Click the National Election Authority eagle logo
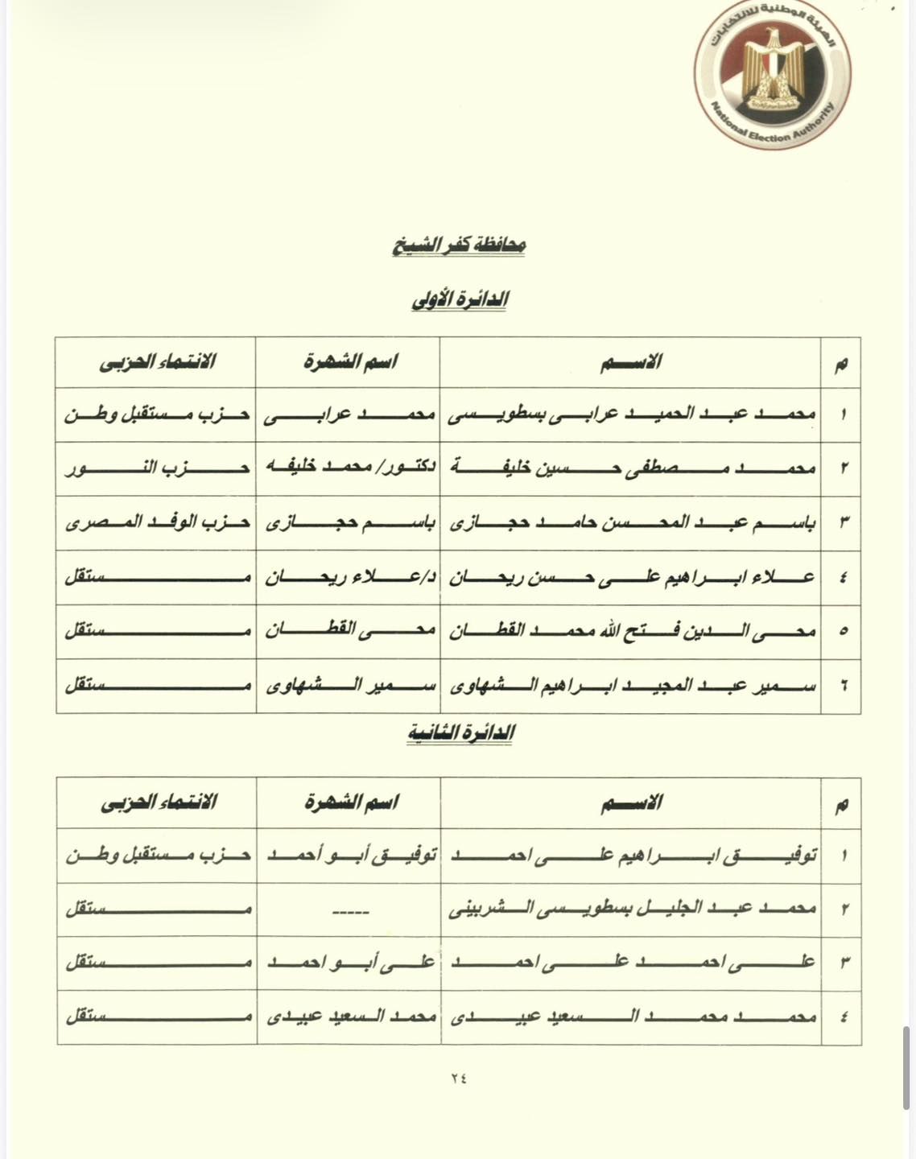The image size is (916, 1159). point(772,80)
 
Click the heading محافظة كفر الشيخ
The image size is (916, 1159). point(459,245)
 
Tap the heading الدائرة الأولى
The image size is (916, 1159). point(459,299)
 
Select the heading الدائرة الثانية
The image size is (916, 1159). point(460,732)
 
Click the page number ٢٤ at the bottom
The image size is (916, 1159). point(459,1079)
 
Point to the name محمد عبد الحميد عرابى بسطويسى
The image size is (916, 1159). point(631,415)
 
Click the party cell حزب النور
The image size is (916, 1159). point(157,468)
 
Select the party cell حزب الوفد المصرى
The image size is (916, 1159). point(157,522)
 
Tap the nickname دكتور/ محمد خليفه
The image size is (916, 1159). point(349,468)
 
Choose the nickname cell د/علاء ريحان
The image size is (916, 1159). point(349,577)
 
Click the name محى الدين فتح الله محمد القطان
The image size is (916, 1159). point(631,631)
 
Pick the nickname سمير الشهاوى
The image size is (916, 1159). point(349,686)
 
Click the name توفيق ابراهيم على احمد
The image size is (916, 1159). point(631,856)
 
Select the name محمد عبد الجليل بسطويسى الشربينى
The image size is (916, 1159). point(631,909)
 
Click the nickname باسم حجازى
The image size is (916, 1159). point(349,522)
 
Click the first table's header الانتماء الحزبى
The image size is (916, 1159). point(157,361)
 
